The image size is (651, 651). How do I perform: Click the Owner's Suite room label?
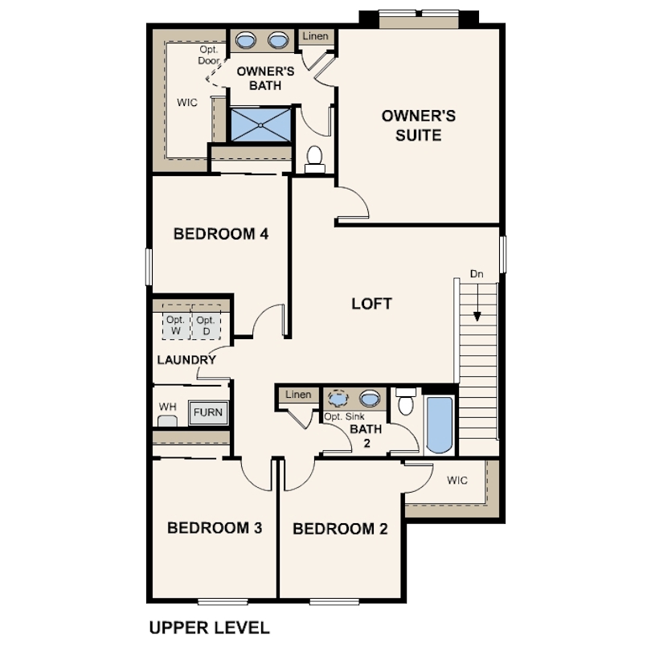[419, 125]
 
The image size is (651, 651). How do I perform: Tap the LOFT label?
[371, 304]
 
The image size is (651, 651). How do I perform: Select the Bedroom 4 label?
[221, 234]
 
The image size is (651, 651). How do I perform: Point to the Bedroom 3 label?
[215, 528]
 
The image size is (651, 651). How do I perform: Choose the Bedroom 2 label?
[340, 529]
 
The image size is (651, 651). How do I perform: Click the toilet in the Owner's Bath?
[315, 159]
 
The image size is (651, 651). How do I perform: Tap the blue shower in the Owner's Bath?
[260, 125]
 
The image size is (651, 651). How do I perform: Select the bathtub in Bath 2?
[440, 425]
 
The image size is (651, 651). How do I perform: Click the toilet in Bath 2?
[406, 402]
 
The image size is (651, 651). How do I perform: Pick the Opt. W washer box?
[176, 322]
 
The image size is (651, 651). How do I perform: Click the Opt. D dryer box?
[206, 322]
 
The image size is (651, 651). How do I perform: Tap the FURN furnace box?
[208, 412]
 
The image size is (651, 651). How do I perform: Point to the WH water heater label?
[167, 407]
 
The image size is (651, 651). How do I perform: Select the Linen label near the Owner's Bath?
[316, 36]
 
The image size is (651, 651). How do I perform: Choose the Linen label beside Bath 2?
[298, 395]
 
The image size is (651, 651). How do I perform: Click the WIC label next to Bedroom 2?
[457, 481]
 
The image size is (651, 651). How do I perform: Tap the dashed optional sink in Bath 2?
[338, 399]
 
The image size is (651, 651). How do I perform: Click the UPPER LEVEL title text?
[209, 628]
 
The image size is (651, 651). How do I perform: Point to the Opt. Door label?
[209, 55]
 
